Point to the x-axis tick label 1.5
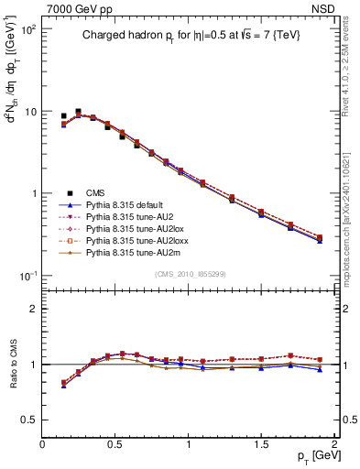click(262, 444)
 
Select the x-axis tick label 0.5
click(115, 444)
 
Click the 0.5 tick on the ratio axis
click(29, 420)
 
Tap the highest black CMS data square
click(78, 112)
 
